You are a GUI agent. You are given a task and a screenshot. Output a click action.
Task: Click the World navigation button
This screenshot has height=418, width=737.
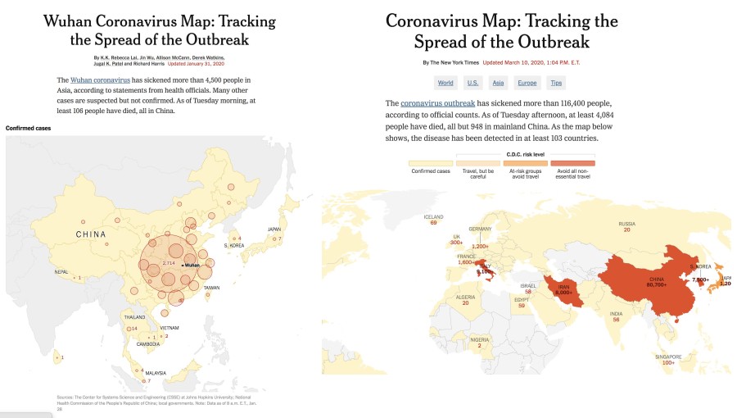pyautogui.click(x=445, y=83)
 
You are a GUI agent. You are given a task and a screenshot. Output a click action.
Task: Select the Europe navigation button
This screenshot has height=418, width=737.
pyautogui.click(x=527, y=83)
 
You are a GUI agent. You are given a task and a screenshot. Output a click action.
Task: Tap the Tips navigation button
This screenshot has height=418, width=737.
pyautogui.click(x=556, y=83)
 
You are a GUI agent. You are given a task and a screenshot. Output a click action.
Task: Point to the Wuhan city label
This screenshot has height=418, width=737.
pyautogui.click(x=192, y=266)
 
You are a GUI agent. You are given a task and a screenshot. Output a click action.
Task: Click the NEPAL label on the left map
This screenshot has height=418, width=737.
pyautogui.click(x=61, y=271)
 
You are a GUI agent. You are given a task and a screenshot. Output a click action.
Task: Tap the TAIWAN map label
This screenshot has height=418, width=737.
pyautogui.click(x=212, y=288)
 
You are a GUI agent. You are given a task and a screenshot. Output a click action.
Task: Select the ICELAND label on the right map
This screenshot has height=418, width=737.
pyautogui.click(x=433, y=217)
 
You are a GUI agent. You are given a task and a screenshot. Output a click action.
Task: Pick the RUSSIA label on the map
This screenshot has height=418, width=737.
pyautogui.click(x=626, y=224)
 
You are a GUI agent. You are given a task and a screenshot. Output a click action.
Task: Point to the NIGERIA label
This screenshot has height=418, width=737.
pyautogui.click(x=480, y=339)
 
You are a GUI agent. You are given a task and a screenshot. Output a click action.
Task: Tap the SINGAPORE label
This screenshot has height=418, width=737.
pyautogui.click(x=668, y=357)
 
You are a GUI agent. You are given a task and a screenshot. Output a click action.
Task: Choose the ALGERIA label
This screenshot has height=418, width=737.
pyautogui.click(x=465, y=298)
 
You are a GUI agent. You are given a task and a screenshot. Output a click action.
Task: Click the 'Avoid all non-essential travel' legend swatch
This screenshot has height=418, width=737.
pyautogui.click(x=572, y=162)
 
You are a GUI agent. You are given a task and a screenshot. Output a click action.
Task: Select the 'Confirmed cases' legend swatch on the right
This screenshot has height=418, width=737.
pyautogui.click(x=430, y=162)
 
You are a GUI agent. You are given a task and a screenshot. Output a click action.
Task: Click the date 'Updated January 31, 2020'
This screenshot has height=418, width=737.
pyautogui.click(x=196, y=62)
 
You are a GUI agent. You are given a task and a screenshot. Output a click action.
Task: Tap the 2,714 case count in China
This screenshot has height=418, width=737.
pyautogui.click(x=170, y=262)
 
